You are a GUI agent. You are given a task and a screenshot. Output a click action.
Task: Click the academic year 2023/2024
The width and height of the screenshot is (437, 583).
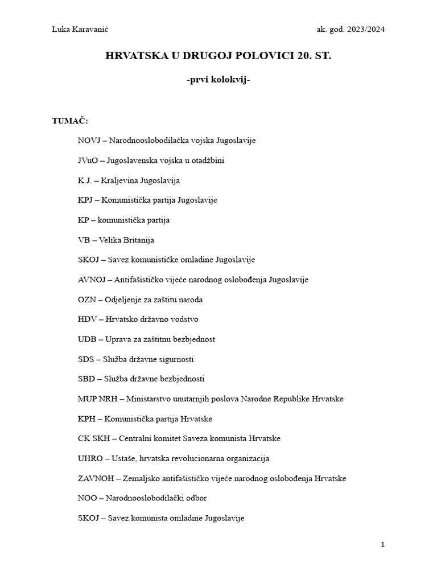click(363, 30)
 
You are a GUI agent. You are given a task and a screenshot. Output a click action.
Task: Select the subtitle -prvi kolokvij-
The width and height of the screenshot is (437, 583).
click(218, 80)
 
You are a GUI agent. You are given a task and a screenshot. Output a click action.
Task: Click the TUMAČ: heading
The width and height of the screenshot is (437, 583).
click(70, 121)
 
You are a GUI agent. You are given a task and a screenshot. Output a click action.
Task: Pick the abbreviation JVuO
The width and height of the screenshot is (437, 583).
click(88, 160)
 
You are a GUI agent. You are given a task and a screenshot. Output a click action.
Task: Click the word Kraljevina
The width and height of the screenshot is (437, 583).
click(118, 180)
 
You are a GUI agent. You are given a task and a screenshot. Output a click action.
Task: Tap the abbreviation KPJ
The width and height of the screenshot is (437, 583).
click(87, 200)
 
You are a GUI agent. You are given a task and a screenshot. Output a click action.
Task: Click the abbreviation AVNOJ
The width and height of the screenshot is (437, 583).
click(92, 280)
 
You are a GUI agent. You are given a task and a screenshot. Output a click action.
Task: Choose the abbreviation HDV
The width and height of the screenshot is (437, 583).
click(88, 319)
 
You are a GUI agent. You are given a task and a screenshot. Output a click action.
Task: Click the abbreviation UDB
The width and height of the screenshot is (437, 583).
click(87, 339)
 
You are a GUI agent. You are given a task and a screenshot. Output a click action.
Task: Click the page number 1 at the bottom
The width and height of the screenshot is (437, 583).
click(383, 544)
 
